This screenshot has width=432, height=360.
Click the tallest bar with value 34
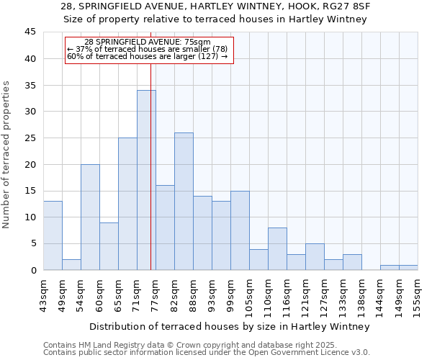coord(146,180)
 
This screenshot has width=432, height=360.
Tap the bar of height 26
coord(184,202)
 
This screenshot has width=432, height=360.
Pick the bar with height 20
coord(90,217)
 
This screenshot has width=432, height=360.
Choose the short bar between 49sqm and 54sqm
coord(71,265)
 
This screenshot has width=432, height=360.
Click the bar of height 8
coord(277,248)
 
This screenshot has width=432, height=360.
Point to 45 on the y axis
coord(30,32)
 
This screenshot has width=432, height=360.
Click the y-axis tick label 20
coord(30,164)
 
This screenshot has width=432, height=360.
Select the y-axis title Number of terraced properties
coord(7,154)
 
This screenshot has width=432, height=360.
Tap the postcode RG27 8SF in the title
coord(346,6)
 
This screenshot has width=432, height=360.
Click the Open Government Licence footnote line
coord(207,352)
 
